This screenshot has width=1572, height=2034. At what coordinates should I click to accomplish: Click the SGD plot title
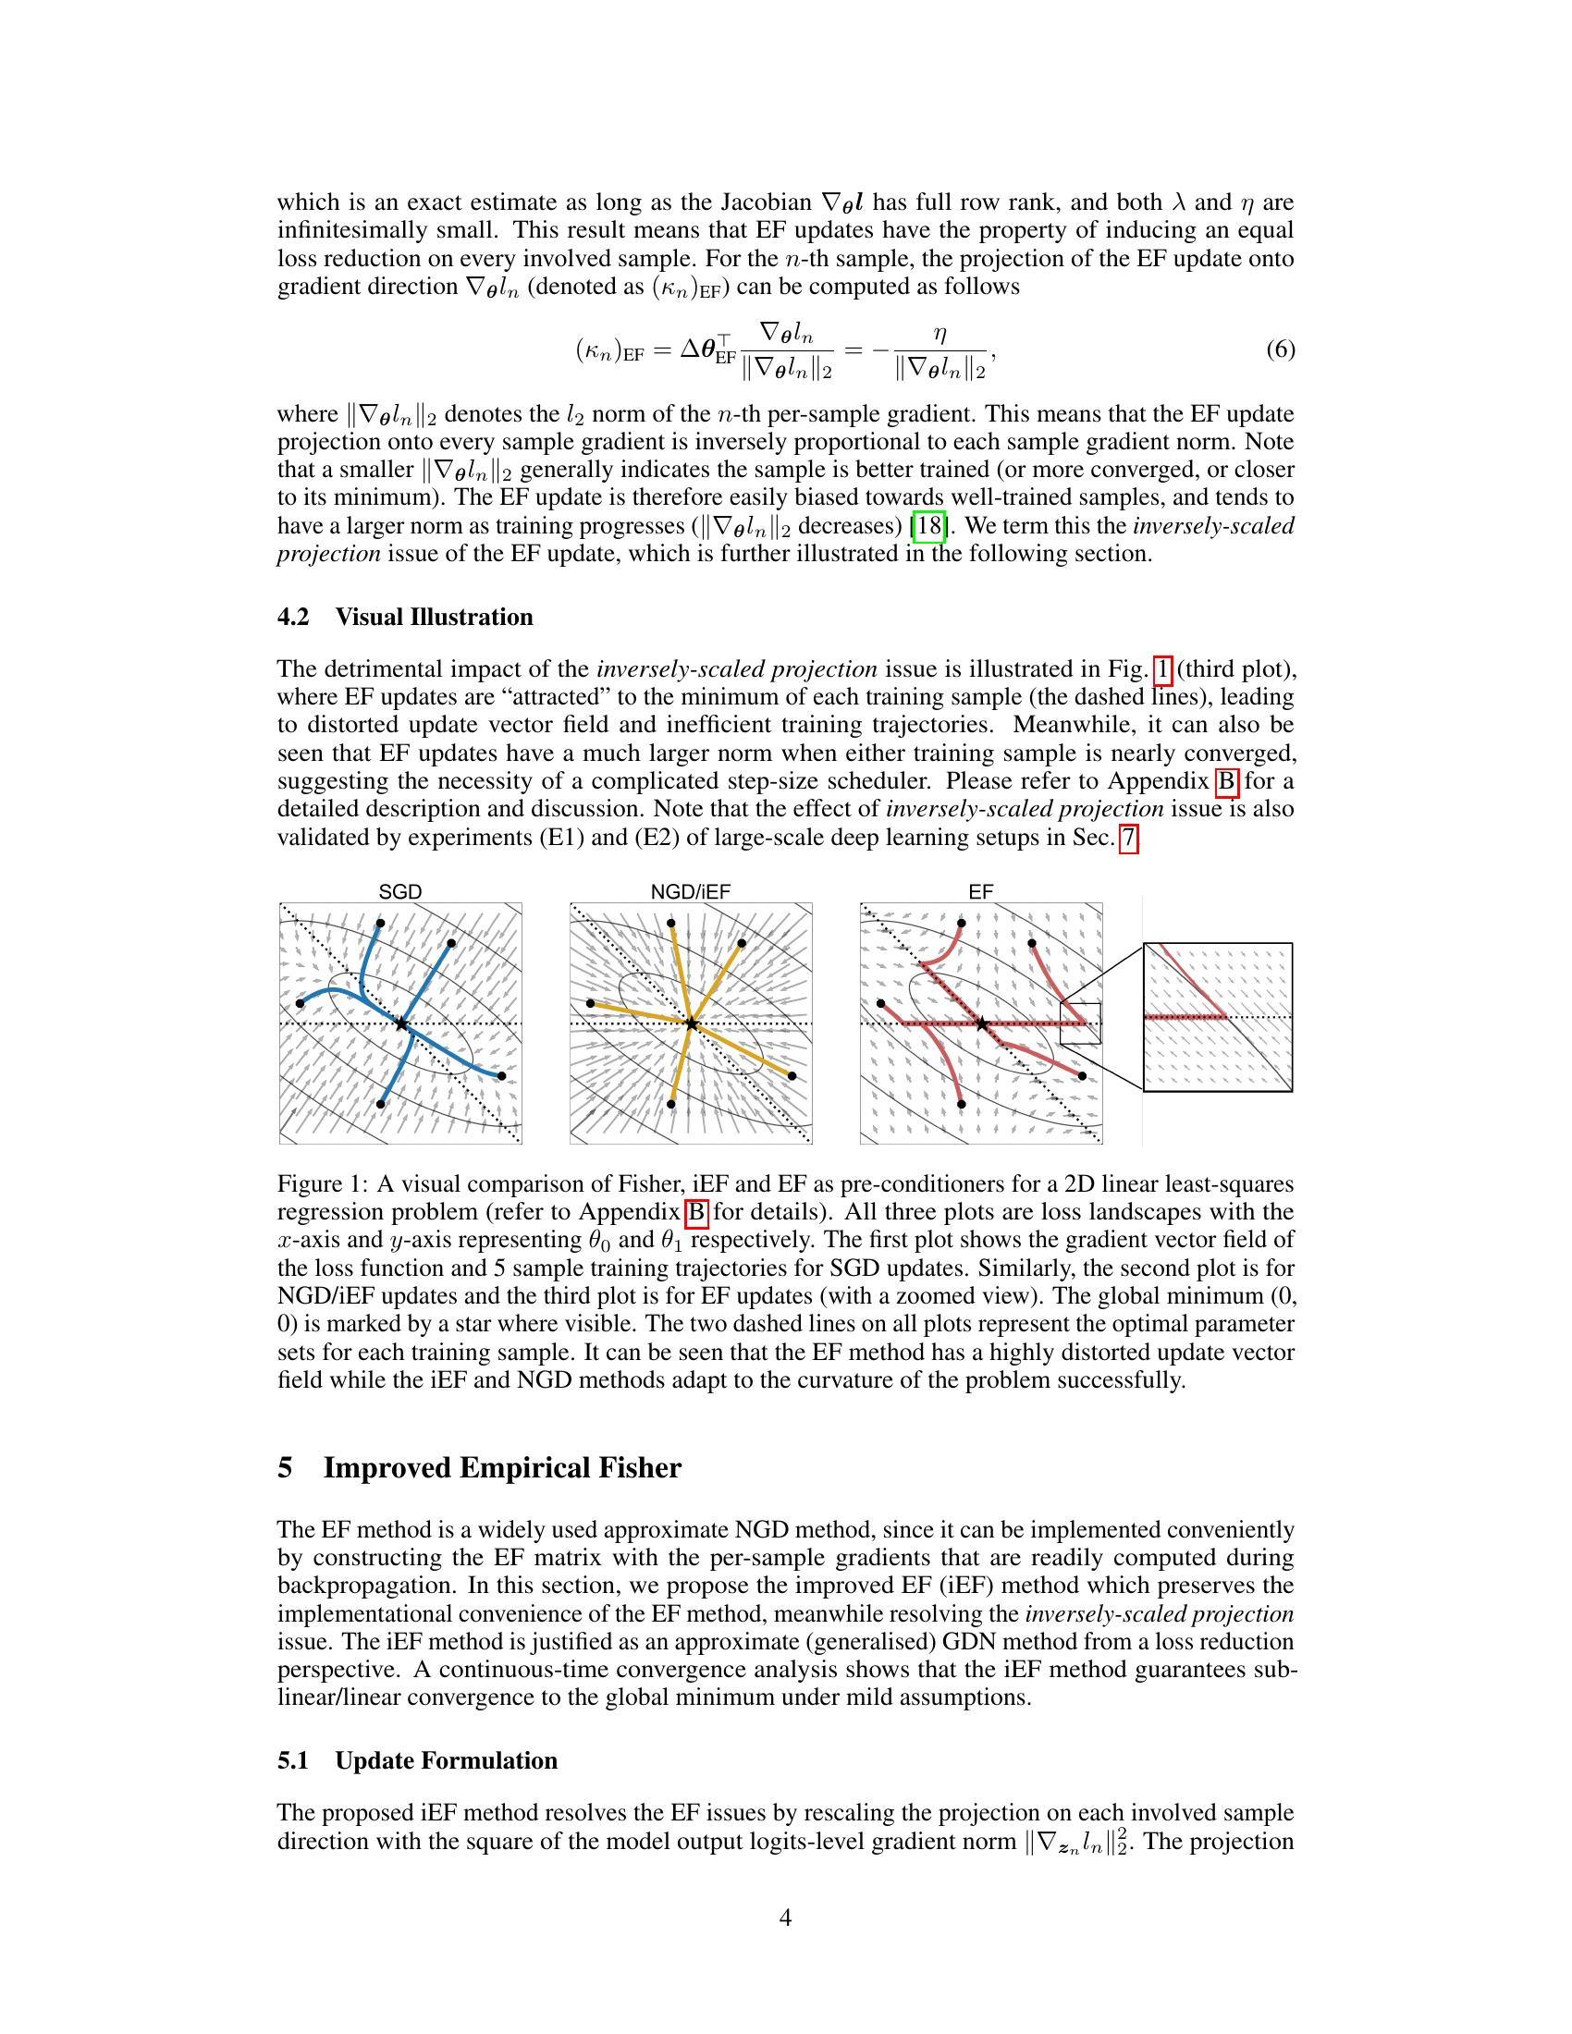pyautogui.click(x=399, y=891)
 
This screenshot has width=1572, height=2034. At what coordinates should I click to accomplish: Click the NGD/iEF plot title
pyautogui.click(x=690, y=891)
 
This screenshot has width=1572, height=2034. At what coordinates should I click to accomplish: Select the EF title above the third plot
pyautogui.click(x=980, y=891)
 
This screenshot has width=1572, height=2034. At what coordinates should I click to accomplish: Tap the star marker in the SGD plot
pyautogui.click(x=400, y=1023)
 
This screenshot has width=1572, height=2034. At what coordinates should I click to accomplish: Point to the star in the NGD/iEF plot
pyautogui.click(x=691, y=1023)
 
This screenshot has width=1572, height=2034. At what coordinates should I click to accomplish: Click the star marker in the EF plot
pyautogui.click(x=981, y=1023)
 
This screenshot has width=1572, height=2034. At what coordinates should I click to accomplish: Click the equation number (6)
pyautogui.click(x=1280, y=349)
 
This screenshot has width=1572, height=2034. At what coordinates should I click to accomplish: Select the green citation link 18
pyautogui.click(x=930, y=526)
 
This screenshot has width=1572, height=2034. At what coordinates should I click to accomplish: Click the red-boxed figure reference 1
pyautogui.click(x=1162, y=668)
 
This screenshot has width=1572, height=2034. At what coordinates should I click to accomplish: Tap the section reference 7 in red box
pyautogui.click(x=1128, y=838)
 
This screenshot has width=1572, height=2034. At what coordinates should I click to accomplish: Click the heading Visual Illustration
pyautogui.click(x=434, y=617)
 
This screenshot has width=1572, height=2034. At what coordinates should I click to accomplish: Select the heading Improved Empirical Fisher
pyautogui.click(x=502, y=1468)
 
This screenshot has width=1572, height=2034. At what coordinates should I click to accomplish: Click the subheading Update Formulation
pyautogui.click(x=446, y=1760)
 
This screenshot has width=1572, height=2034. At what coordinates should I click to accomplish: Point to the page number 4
pyautogui.click(x=785, y=1918)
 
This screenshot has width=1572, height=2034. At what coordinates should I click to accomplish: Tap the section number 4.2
pyautogui.click(x=293, y=617)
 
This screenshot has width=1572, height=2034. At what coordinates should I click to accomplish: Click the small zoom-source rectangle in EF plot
pyautogui.click(x=1080, y=1023)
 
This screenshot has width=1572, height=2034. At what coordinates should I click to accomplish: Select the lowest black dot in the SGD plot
pyautogui.click(x=381, y=1104)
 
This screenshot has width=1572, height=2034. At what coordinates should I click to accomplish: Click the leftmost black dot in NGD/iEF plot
pyautogui.click(x=591, y=1003)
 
